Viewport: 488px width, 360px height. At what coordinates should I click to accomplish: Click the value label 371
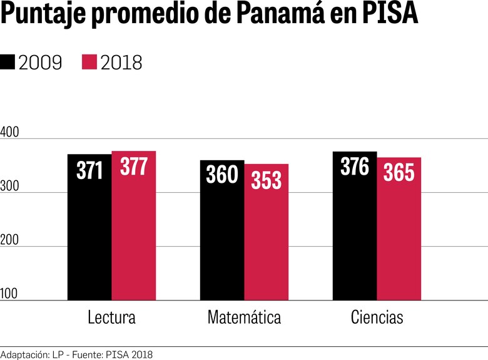[89, 170]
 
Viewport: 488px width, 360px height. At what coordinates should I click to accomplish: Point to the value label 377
[134, 167]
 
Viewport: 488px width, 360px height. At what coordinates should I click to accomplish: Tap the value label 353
[267, 180]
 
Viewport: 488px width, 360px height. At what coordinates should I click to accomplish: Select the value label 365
[399, 173]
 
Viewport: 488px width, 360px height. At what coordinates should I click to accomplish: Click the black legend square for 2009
[8, 62]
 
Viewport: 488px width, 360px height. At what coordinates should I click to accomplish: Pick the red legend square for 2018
[89, 62]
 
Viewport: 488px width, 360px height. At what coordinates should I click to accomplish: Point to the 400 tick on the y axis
[11, 133]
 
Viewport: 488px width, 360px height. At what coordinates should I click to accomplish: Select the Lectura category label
[111, 317]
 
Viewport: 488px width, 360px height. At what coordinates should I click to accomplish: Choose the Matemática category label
[244, 317]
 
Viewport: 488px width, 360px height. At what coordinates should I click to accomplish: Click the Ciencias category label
[377, 317]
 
